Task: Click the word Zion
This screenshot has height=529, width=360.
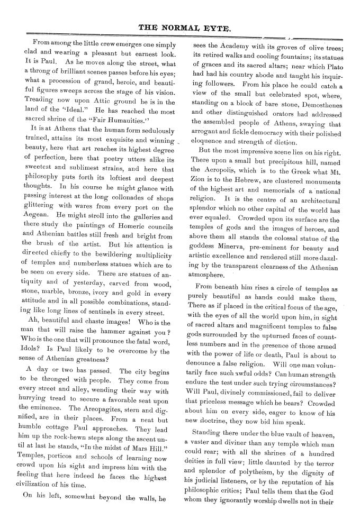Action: click(197, 179)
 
